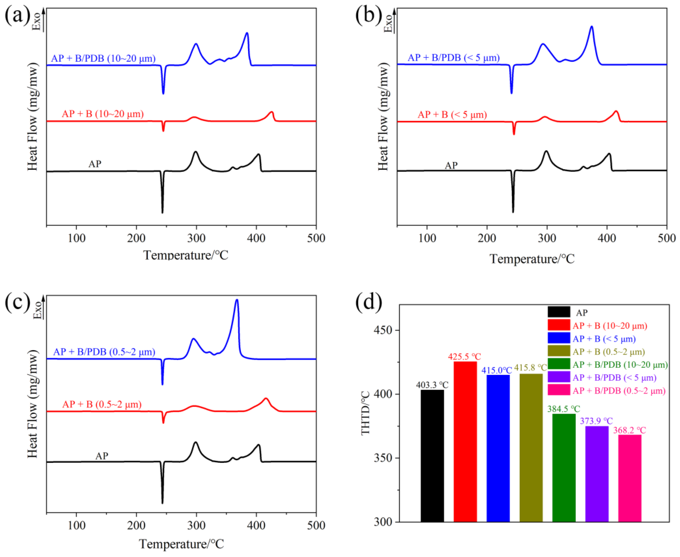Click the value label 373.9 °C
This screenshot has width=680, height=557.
pyautogui.click(x=596, y=421)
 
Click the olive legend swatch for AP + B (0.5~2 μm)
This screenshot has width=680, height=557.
pyautogui.click(x=559, y=351)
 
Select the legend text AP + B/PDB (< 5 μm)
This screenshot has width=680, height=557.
pyautogui.click(x=614, y=378)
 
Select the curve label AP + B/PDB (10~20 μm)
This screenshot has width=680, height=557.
pyautogui.click(x=103, y=58)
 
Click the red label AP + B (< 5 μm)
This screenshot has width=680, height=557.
pyautogui.click(x=452, y=115)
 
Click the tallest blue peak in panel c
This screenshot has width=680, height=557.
pyautogui.click(x=237, y=301)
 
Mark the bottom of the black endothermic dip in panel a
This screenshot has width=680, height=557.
pyautogui.click(x=162, y=212)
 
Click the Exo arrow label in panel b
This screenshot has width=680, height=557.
pyautogui.click(x=389, y=23)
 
